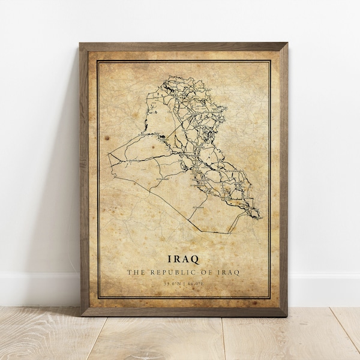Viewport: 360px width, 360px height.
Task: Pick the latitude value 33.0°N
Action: pos(167,283)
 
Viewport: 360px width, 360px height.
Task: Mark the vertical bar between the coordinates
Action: pos(183,283)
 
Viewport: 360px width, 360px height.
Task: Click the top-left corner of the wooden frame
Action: pos(80,44)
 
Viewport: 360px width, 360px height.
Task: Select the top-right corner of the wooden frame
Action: pos(287,44)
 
